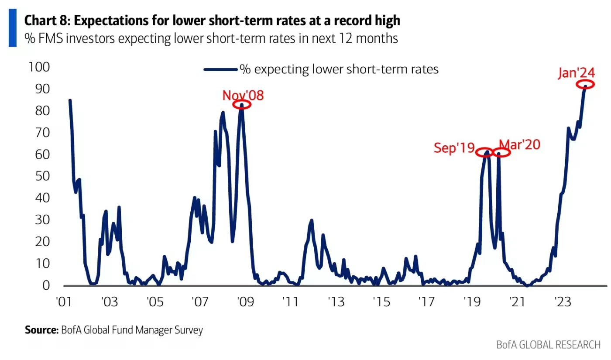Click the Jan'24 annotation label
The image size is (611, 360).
(576, 73)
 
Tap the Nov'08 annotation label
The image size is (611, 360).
(243, 95)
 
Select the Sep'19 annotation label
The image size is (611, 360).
(454, 148)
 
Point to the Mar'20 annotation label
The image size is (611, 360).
(519, 144)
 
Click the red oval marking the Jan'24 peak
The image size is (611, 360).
(585, 85)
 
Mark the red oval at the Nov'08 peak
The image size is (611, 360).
(242, 104)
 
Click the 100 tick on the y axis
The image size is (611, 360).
(39, 67)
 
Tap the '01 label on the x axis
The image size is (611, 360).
(65, 301)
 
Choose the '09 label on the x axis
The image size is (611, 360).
(244, 301)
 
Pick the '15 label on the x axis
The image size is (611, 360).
(380, 301)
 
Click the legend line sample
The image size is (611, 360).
(221, 69)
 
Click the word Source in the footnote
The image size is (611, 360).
(41, 330)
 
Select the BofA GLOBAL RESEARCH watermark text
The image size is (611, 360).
(548, 345)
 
